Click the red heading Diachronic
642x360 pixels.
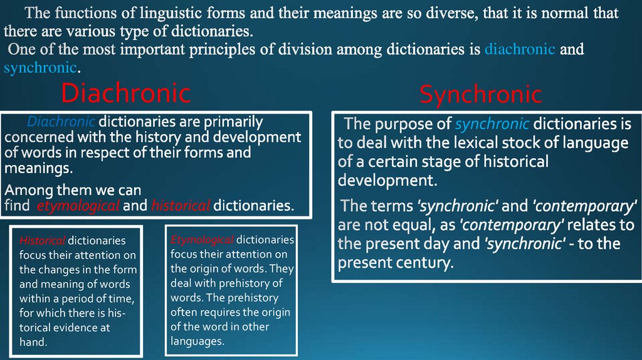pos(125,93)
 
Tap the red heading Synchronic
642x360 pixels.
pos(481,95)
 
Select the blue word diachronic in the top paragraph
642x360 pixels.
pos(520,49)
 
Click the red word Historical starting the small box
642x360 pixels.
pos(41,240)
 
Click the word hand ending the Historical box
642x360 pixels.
pos(33,342)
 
